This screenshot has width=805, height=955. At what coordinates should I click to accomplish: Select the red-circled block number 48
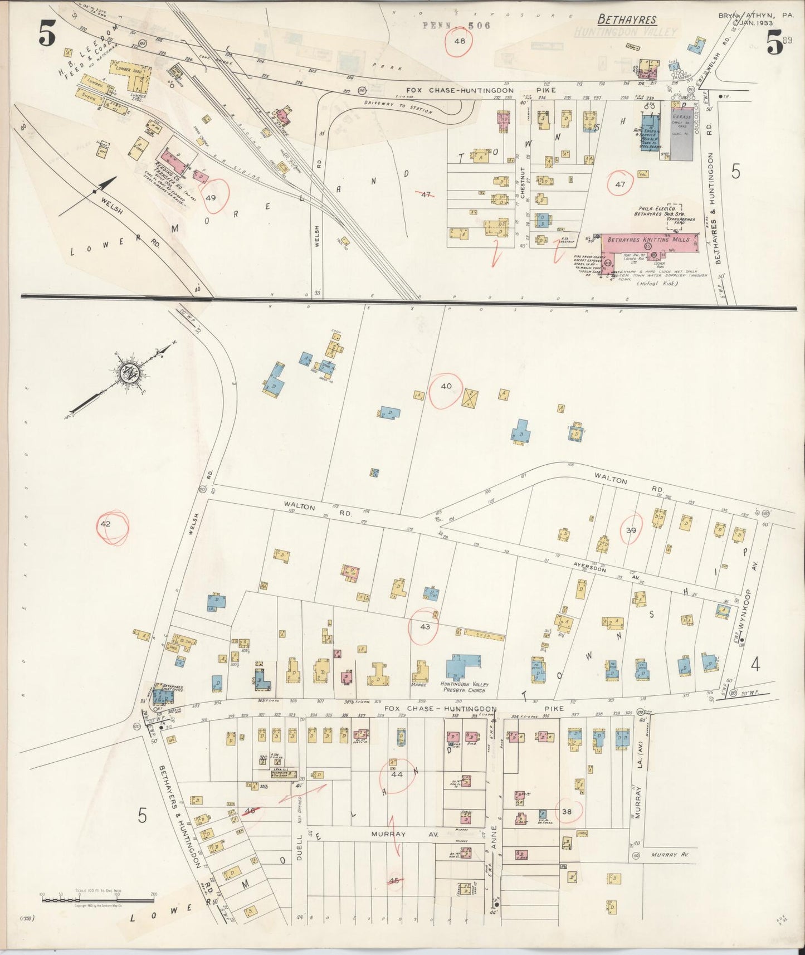point(460,41)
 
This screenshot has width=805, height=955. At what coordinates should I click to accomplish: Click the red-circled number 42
point(106,524)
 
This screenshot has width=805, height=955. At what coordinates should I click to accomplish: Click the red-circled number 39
point(631,530)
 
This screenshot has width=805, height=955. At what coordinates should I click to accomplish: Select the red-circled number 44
point(397,774)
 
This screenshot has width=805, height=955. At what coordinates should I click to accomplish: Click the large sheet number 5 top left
point(47,36)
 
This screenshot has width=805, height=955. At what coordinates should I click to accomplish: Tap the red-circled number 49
point(210,197)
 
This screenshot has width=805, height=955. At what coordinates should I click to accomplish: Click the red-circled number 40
point(446,386)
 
